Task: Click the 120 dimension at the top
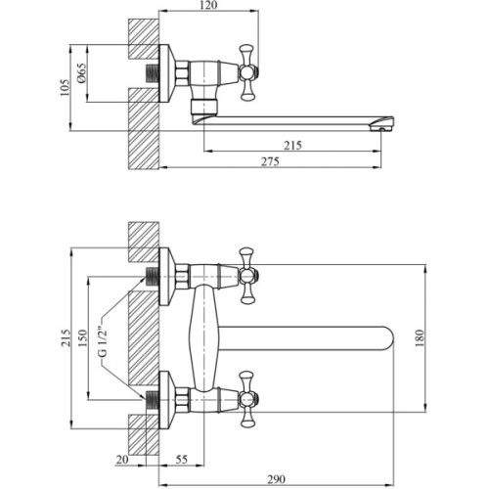point(208,5)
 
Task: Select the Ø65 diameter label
point(81,73)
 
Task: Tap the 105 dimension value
point(65,87)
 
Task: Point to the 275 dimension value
point(270,161)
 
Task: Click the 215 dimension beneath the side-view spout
point(292,146)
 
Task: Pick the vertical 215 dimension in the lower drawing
point(66,338)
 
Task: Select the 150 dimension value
point(82,338)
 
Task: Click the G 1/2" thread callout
point(103,341)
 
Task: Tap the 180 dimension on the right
point(420,338)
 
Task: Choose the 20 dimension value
point(122,460)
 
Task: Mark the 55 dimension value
point(182,460)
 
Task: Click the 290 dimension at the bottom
point(276,479)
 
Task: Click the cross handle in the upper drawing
point(247,72)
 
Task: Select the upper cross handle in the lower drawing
point(247,276)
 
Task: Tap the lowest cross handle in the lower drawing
point(247,399)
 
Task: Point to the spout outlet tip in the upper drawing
point(382,123)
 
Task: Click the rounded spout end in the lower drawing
point(388,338)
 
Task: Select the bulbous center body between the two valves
point(203,338)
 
